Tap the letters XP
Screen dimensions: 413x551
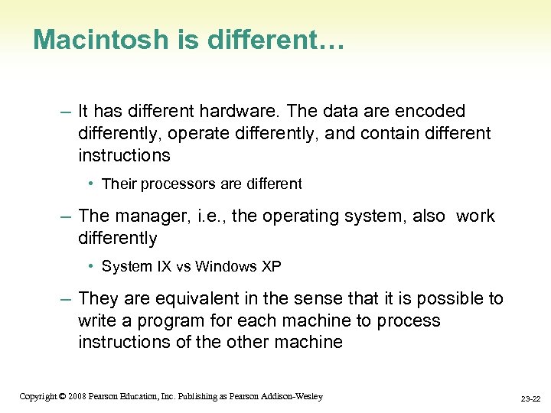[x=271, y=267]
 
